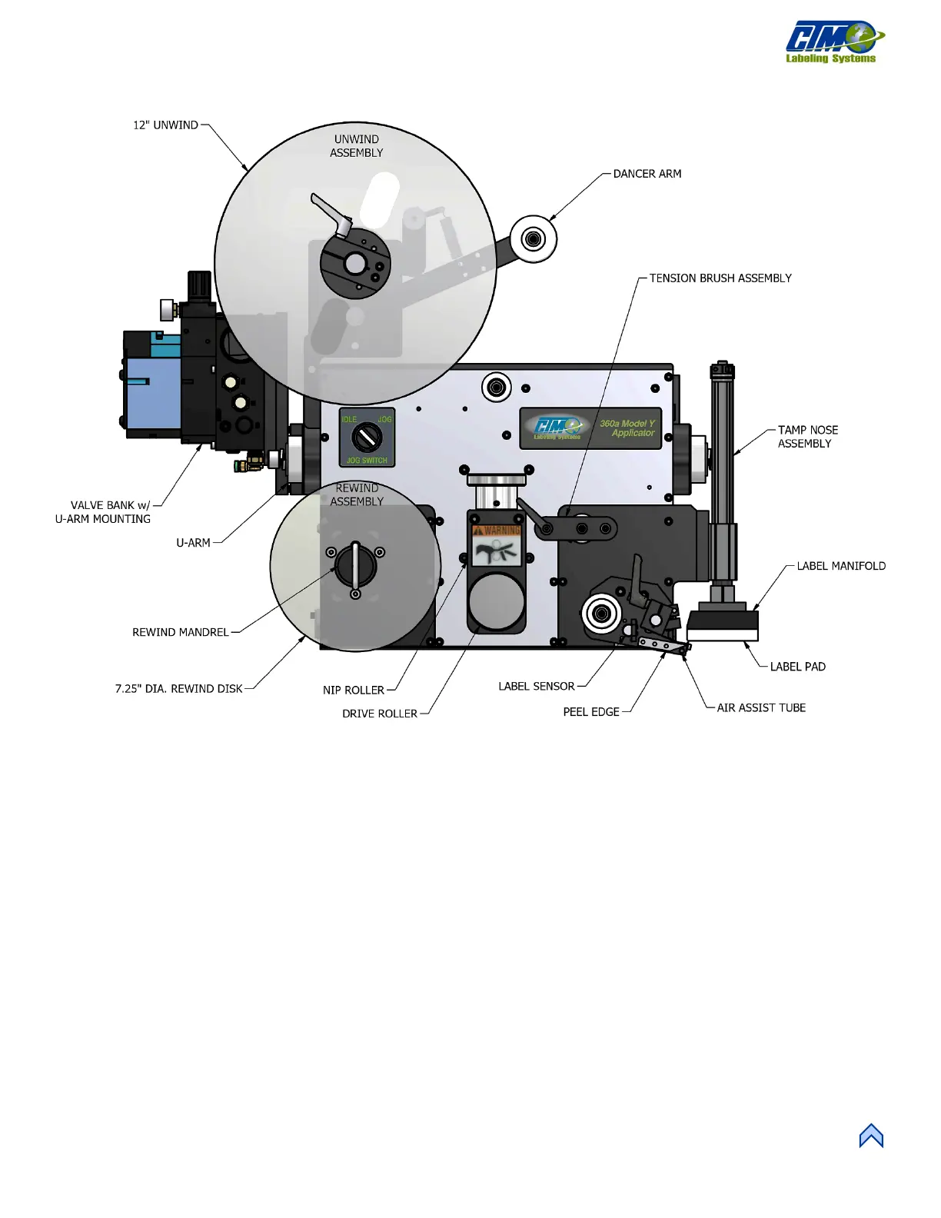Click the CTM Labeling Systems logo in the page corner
point(833,42)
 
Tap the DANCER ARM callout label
point(647,174)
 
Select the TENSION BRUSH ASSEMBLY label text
point(720,278)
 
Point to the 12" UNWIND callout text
point(165,125)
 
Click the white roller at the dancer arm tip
point(533,239)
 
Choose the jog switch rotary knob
point(367,438)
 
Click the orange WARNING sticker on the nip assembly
point(497,531)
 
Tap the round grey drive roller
point(497,602)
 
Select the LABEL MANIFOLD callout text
point(840,566)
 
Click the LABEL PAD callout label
point(797,667)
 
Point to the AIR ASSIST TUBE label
point(761,707)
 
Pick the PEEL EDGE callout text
point(590,712)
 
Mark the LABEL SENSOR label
point(536,686)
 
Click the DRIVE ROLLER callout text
point(379,714)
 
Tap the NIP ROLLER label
point(353,691)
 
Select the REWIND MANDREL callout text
point(180,632)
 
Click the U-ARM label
point(193,543)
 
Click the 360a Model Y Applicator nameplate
point(590,428)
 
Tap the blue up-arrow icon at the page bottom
point(871,1136)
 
